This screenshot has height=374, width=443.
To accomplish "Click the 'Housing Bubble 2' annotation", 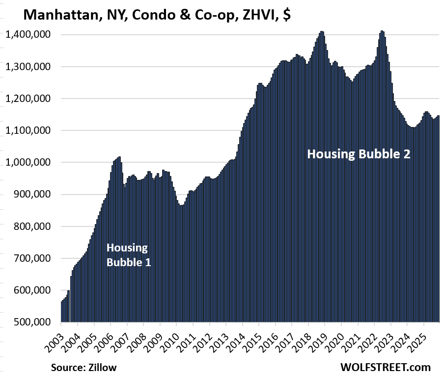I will [359, 154].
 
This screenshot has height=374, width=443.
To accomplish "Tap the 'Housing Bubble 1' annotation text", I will [128, 255].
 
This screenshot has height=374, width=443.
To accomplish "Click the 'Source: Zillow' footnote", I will [84, 366].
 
